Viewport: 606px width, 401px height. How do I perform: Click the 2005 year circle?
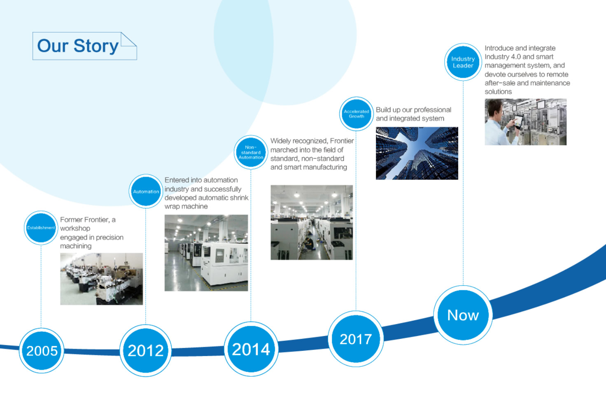click(42, 351)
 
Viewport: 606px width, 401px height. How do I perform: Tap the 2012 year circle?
click(146, 350)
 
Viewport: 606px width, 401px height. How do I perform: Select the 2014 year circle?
click(251, 349)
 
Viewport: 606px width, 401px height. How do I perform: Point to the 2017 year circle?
click(356, 339)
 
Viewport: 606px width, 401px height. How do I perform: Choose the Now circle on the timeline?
click(463, 315)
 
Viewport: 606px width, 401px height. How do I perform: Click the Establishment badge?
click(41, 228)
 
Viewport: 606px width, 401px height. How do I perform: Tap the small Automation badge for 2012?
click(146, 191)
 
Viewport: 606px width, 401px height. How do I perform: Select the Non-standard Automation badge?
click(251, 152)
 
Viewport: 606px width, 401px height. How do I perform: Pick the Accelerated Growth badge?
click(356, 114)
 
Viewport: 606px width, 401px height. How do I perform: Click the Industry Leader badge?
click(463, 62)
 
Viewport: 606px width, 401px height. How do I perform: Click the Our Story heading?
click(78, 46)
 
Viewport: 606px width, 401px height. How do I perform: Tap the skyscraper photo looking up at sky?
click(417, 153)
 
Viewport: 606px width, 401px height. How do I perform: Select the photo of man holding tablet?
click(525, 122)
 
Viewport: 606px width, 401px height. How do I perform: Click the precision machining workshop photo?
click(101, 279)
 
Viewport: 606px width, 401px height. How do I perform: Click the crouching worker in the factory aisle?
click(308, 243)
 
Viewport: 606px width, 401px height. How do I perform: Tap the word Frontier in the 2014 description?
click(342, 141)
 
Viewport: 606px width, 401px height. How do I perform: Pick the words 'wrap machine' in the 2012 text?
click(186, 206)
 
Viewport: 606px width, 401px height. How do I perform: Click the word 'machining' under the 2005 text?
click(76, 246)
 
